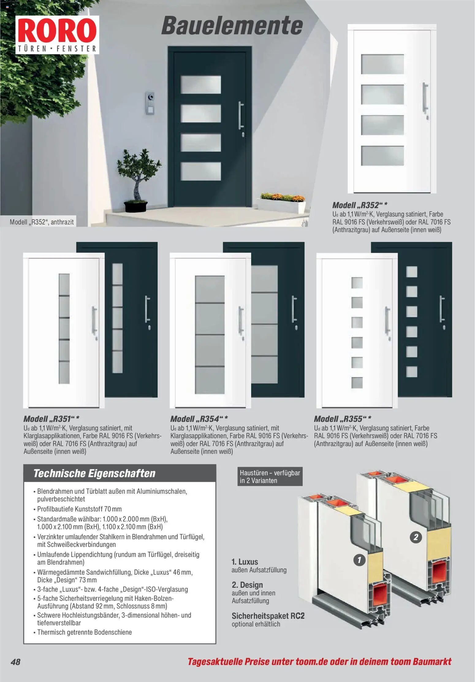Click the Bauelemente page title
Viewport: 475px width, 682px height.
click(x=232, y=26)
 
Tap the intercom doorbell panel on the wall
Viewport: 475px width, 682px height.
click(x=150, y=103)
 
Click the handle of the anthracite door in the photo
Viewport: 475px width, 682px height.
click(x=241, y=116)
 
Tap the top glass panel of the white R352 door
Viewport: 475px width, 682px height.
click(x=382, y=64)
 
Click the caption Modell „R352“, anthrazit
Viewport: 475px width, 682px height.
click(x=42, y=222)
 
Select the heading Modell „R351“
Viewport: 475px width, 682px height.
click(x=51, y=419)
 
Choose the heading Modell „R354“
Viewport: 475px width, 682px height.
click(x=199, y=419)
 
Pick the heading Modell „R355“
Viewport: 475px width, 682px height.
click(x=343, y=419)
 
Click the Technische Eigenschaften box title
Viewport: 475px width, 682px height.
click(x=94, y=473)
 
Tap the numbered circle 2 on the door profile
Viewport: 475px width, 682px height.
click(x=416, y=537)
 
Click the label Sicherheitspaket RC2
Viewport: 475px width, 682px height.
click(x=268, y=616)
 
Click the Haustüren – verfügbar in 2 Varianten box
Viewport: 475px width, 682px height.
click(x=270, y=477)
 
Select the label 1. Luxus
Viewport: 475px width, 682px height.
click(x=245, y=562)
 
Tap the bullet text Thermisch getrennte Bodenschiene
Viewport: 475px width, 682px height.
click(x=84, y=632)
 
